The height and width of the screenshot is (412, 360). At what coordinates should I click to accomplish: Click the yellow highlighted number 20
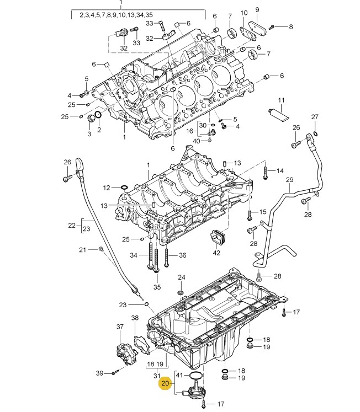(x=165, y=383)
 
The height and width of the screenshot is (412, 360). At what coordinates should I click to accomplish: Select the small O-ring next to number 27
(x=316, y=133)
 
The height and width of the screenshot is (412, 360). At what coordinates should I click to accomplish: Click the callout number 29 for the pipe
(x=289, y=180)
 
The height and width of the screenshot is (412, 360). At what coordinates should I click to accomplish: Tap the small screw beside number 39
(x=115, y=372)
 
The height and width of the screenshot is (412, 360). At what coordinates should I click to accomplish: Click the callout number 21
(x=83, y=250)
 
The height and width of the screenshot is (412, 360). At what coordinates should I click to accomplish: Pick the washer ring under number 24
(x=181, y=292)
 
